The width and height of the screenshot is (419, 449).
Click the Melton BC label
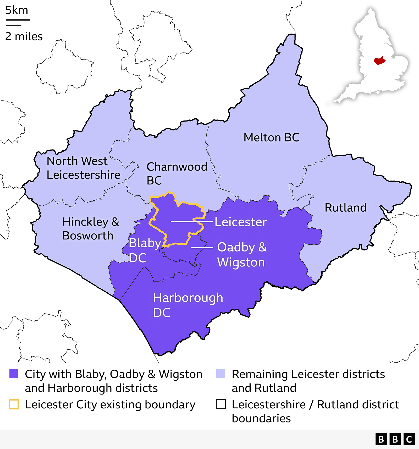[271, 138]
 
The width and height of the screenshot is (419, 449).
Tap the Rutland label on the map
[345, 208]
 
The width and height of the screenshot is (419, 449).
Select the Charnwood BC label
[177, 173]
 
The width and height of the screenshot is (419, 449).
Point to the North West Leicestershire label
[83, 168]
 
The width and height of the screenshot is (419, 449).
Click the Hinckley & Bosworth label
[90, 229]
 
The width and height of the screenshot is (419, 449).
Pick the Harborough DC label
[188, 305]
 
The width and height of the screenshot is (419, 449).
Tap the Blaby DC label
[145, 250]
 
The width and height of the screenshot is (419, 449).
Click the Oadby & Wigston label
[242, 255]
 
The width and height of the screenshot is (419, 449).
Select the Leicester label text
[241, 222]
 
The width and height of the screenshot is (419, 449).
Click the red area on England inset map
[379, 61]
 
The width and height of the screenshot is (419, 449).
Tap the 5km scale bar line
[18, 20]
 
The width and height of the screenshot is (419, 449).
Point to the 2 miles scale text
[24, 36]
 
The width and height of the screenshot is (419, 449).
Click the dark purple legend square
[14, 374]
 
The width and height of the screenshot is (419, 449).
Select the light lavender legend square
[221, 374]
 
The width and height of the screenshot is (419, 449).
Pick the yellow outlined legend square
[14, 404]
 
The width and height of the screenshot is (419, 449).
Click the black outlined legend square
[221, 404]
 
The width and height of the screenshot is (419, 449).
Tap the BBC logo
[395, 439]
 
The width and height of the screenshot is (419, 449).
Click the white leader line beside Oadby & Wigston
[202, 248]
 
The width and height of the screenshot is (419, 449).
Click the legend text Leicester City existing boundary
[110, 405]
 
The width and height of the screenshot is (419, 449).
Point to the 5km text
[16, 10]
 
